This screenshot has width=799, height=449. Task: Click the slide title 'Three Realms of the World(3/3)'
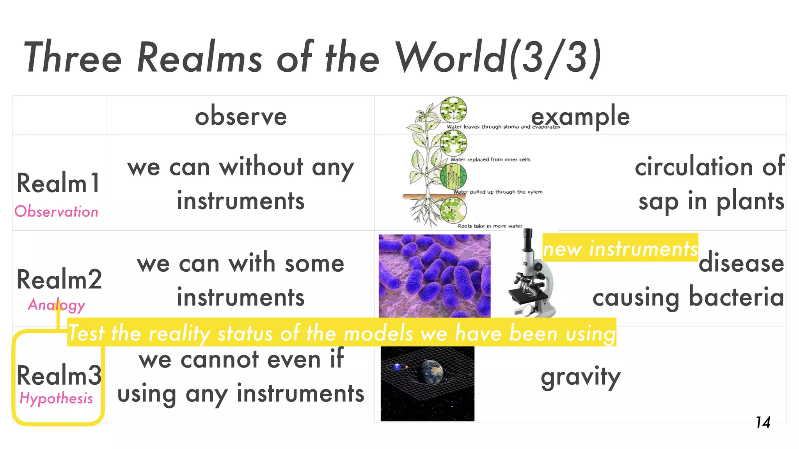click(312, 58)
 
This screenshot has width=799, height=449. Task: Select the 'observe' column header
click(241, 116)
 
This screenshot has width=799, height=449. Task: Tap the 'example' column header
click(580, 116)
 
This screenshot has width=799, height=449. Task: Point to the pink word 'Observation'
click(56, 212)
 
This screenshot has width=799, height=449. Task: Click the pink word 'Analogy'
click(56, 305)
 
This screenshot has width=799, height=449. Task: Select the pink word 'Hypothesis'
click(56, 398)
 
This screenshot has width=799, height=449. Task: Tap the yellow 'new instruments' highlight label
click(620, 248)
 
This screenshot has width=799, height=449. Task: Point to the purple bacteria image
click(434, 276)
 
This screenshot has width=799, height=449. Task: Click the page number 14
click(763, 422)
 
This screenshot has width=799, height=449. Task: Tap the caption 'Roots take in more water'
click(490, 226)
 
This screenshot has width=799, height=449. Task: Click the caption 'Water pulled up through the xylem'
click(497, 192)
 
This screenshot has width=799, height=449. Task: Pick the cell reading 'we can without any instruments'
click(241, 183)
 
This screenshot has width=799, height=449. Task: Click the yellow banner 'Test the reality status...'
click(342, 333)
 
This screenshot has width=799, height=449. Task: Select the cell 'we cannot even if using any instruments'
click(241, 377)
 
